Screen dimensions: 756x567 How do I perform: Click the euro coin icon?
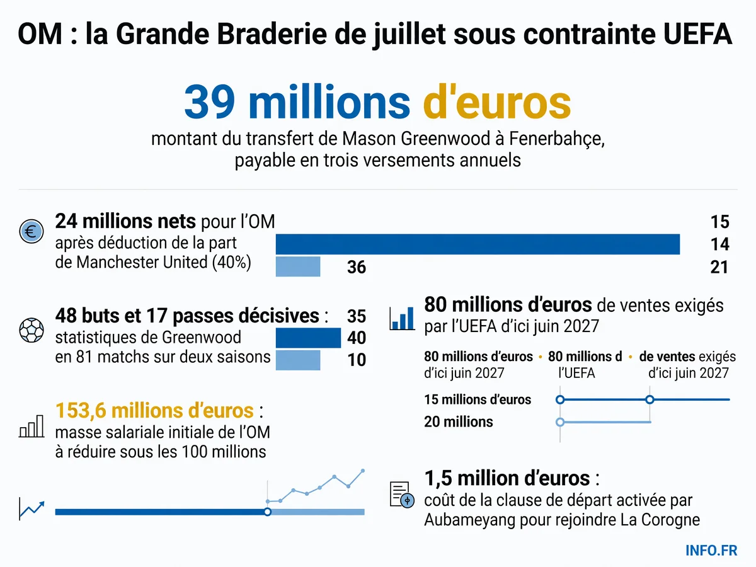click(x=31, y=231)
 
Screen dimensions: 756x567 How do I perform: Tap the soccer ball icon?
click(x=31, y=330)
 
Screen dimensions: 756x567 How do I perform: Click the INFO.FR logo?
click(x=711, y=550)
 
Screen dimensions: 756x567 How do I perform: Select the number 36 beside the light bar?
click(x=357, y=266)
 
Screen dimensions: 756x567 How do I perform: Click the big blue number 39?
click(x=210, y=102)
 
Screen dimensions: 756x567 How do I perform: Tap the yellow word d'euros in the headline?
click(x=497, y=102)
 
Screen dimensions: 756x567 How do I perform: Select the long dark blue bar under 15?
click(x=478, y=244)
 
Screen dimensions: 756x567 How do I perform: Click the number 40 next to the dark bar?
click(x=357, y=338)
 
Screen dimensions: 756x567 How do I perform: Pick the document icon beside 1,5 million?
click(x=401, y=494)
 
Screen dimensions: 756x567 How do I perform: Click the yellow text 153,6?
click(x=81, y=410)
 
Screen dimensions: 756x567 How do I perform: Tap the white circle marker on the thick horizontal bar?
click(x=268, y=512)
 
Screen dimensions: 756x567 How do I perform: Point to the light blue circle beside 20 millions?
click(x=560, y=421)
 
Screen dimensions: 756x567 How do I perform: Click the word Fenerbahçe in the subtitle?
click(x=556, y=139)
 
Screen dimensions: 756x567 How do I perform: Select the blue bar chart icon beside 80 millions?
click(x=402, y=318)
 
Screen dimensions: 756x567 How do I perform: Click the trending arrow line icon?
click(x=31, y=509)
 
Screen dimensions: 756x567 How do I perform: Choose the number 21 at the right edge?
click(x=719, y=266)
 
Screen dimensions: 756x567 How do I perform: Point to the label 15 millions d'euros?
click(x=478, y=399)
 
